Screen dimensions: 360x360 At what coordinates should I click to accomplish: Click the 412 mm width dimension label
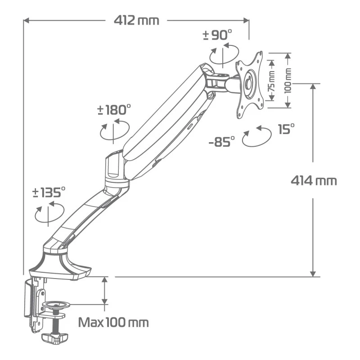point(136,20)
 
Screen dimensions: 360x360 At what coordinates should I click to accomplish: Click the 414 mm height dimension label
point(313,180)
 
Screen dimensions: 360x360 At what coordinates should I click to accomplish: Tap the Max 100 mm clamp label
point(113,323)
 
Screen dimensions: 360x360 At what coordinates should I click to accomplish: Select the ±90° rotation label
point(217,35)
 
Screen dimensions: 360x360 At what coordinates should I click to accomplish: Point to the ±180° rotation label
point(114,109)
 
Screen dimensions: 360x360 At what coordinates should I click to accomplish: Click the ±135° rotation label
point(49,193)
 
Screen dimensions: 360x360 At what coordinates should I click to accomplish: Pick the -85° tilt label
point(222,142)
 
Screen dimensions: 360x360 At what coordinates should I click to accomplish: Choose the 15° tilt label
point(286,130)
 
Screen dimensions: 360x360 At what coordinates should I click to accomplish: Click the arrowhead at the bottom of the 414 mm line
point(313,273)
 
